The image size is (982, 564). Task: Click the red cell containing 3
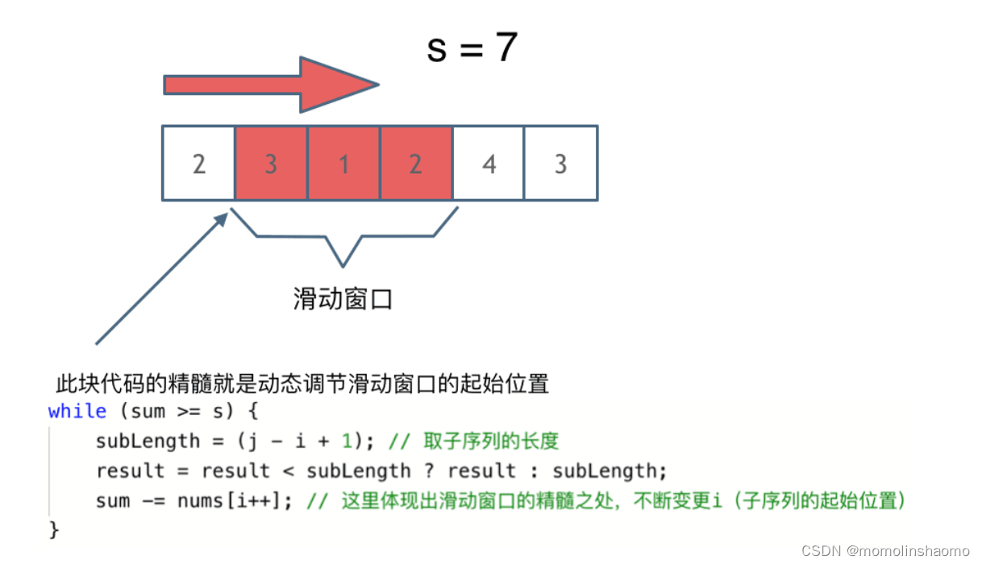[271, 164]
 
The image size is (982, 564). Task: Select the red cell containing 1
[343, 164]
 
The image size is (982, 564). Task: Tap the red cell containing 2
[415, 164]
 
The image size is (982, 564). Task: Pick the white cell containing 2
[198, 164]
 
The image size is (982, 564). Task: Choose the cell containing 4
[488, 164]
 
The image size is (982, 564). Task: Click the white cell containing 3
[560, 164]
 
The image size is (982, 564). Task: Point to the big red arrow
[270, 85]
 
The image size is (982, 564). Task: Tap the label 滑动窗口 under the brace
[343, 300]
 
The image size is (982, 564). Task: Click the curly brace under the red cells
[344, 238]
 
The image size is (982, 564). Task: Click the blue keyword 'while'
[77, 411]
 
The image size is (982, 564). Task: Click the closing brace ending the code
[54, 529]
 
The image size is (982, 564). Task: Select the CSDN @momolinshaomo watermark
[885, 550]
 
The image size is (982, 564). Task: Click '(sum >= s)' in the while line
[177, 411]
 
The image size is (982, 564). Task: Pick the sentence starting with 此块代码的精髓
[302, 384]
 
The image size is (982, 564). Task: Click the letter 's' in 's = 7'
[436, 50]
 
